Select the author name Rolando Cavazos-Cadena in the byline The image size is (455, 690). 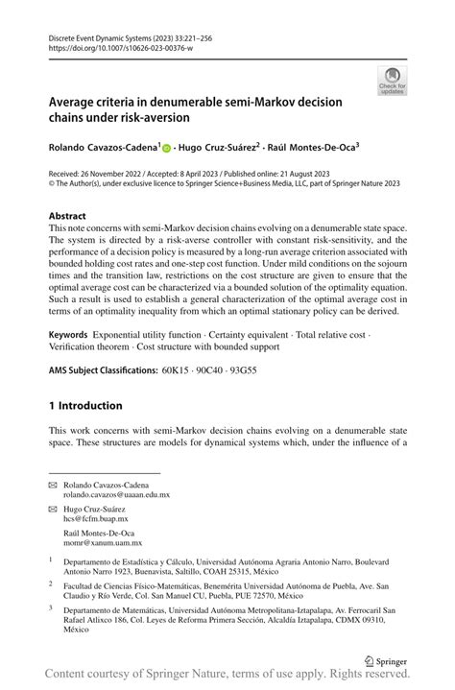(104, 149)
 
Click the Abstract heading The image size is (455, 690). (73, 216)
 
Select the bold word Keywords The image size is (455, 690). (75, 337)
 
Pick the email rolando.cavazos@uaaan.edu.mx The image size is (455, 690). (122, 495)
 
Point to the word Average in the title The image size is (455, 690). (77, 101)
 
